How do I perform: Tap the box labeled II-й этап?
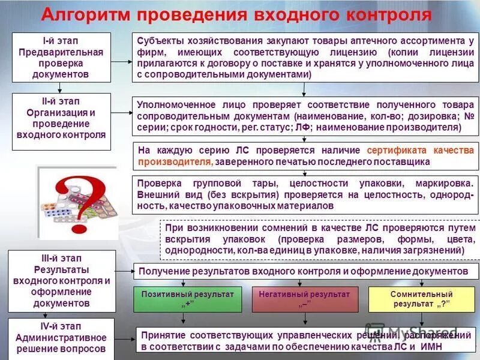(x=62, y=118)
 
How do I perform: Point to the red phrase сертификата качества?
(x=419, y=150)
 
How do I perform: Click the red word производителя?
(x=175, y=161)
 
